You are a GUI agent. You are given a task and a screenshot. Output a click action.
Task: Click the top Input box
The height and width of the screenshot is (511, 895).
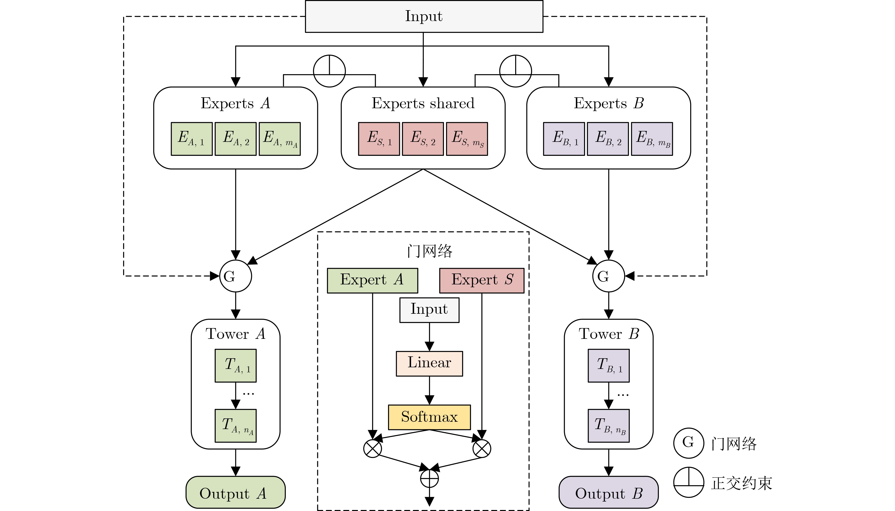tap(424, 17)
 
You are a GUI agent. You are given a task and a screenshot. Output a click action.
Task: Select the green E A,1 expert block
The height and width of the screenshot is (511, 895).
tap(192, 139)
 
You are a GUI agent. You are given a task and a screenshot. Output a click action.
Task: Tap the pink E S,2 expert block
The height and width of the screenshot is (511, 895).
tap(423, 139)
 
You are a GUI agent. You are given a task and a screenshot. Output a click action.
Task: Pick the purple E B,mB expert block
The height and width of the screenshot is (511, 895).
tap(652, 139)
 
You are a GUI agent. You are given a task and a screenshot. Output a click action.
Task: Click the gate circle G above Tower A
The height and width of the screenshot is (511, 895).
tap(235, 276)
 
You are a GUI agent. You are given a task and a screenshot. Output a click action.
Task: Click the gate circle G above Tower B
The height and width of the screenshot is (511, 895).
tap(608, 276)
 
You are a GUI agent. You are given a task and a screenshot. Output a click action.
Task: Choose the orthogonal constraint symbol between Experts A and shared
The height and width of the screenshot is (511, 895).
tap(329, 71)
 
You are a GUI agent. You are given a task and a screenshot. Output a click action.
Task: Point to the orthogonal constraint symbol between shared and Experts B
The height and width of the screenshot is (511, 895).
tap(515, 71)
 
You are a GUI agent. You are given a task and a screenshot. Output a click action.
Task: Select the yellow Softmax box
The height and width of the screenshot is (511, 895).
tap(429, 417)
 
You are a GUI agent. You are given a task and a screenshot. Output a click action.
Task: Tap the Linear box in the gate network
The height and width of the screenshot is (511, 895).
tap(429, 363)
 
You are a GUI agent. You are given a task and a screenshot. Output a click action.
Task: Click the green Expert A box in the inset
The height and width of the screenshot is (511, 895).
tap(372, 280)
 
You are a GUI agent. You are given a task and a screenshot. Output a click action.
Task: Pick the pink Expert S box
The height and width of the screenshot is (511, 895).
tap(481, 280)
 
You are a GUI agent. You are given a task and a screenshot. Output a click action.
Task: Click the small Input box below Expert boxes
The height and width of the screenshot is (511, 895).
tap(429, 310)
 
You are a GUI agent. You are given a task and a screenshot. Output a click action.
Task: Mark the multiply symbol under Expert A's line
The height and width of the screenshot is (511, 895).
tap(372, 448)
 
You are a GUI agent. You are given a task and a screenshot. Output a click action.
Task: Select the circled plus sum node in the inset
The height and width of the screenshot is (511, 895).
tap(429, 478)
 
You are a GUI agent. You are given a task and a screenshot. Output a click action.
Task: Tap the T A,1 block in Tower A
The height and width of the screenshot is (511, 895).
tap(235, 365)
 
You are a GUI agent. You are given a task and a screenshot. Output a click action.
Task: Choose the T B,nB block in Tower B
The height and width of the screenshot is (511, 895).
tap(608, 425)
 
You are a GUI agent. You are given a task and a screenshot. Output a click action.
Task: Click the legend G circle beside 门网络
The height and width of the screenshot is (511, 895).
tap(688, 443)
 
